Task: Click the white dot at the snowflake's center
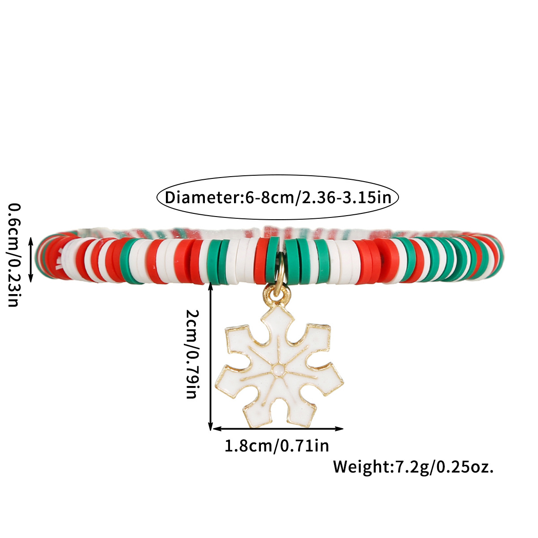[x=279, y=370]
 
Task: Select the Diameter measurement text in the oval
[x=278, y=198]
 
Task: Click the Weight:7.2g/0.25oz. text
[x=413, y=467]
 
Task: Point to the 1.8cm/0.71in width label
[x=277, y=446]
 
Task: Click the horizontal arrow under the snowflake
[x=278, y=429]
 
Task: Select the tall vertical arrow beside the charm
[x=211, y=356]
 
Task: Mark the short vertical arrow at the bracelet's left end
[x=30, y=260]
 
